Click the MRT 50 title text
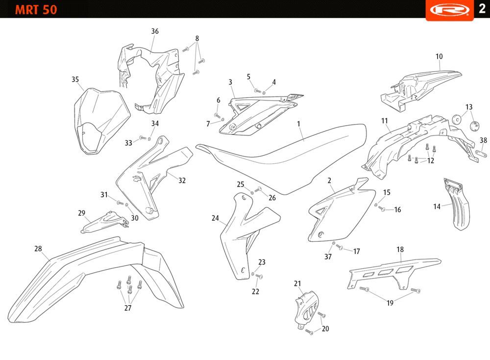pos(36,10)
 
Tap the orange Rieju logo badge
pos(450,10)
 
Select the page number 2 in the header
pos(482,8)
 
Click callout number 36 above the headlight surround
pos(155,31)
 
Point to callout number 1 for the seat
pos(298,124)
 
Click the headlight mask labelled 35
pos(102,121)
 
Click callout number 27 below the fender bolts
pos(128,308)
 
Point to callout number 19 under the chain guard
pos(390,303)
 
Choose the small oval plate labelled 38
pos(481,154)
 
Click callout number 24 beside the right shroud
pos(215,218)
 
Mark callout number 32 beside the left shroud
pos(182,180)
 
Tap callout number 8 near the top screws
pos(197,38)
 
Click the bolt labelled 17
pos(340,247)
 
